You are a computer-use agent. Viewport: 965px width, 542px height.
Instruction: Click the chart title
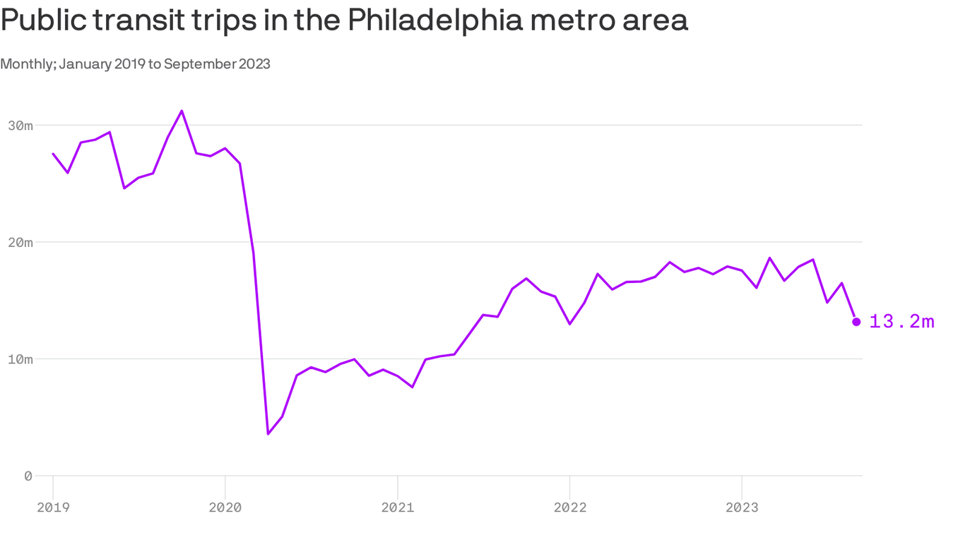344,20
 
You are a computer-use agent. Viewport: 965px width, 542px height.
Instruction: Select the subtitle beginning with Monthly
135,64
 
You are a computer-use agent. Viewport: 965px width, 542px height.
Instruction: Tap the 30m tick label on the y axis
20,126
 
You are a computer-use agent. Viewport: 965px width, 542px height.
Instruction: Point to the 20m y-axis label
20,243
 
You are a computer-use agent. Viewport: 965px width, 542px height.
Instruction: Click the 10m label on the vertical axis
20,359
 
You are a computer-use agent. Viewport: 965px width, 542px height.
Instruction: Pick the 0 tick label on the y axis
28,476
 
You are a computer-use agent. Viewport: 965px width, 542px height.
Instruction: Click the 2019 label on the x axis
53,507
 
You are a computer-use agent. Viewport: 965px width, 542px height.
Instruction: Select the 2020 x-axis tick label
225,507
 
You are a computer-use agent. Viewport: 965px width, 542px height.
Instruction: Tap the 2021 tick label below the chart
398,507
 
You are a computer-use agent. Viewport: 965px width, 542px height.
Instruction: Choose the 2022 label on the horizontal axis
569,507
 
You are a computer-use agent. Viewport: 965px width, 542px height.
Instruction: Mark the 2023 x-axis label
742,507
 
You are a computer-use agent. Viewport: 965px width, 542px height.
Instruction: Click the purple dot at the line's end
856,322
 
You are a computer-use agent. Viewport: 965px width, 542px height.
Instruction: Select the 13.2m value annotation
902,322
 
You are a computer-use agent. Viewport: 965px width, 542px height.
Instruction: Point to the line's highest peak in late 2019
182,111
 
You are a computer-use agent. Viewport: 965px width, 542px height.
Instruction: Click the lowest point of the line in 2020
268,433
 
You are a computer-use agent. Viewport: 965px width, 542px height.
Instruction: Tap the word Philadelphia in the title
435,20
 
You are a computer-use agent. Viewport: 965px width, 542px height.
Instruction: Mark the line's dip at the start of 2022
569,323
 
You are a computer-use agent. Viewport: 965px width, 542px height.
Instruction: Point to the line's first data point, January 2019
53,153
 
